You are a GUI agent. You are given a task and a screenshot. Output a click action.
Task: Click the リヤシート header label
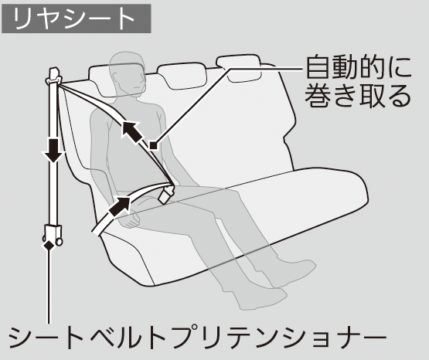coord(76,19)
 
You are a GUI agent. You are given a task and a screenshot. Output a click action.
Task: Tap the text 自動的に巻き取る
coord(358,82)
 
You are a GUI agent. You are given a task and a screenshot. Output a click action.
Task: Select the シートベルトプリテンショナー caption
coord(197,337)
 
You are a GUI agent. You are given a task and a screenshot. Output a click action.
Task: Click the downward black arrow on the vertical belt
coord(53,151)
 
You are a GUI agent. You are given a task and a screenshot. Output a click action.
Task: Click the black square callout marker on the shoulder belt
coord(154,145)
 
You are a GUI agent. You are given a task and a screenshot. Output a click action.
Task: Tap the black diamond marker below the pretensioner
coord(49,246)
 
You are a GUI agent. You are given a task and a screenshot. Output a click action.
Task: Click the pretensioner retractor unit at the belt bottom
coord(53,235)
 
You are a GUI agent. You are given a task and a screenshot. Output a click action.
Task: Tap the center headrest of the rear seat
coord(181,76)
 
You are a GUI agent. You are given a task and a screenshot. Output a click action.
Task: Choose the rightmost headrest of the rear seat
coord(239,68)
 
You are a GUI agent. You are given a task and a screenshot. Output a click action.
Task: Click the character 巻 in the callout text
coord(318,97)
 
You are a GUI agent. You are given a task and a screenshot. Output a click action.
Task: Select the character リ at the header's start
coord(22,19)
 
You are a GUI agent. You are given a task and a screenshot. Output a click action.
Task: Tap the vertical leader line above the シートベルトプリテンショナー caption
coord(49,287)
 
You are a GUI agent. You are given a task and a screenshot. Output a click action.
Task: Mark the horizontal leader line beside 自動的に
coord(265,69)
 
